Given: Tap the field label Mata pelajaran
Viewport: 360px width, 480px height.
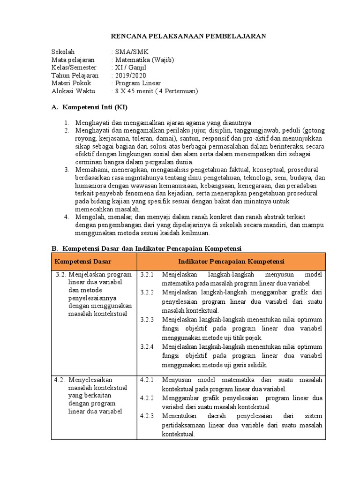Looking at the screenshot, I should (x=73, y=60).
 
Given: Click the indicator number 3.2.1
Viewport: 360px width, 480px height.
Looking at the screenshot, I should (x=147, y=274).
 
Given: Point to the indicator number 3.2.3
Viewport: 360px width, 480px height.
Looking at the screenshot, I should (x=147, y=319).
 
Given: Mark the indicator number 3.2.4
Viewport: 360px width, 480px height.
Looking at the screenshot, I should (x=147, y=346).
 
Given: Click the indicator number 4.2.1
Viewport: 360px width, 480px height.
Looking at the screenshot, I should (x=147, y=379).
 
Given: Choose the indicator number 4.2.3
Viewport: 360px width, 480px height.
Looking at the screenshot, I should (x=147, y=416).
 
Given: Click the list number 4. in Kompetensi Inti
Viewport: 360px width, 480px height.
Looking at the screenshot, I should (x=67, y=217).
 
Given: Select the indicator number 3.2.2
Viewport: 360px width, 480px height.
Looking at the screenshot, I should (x=147, y=292).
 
